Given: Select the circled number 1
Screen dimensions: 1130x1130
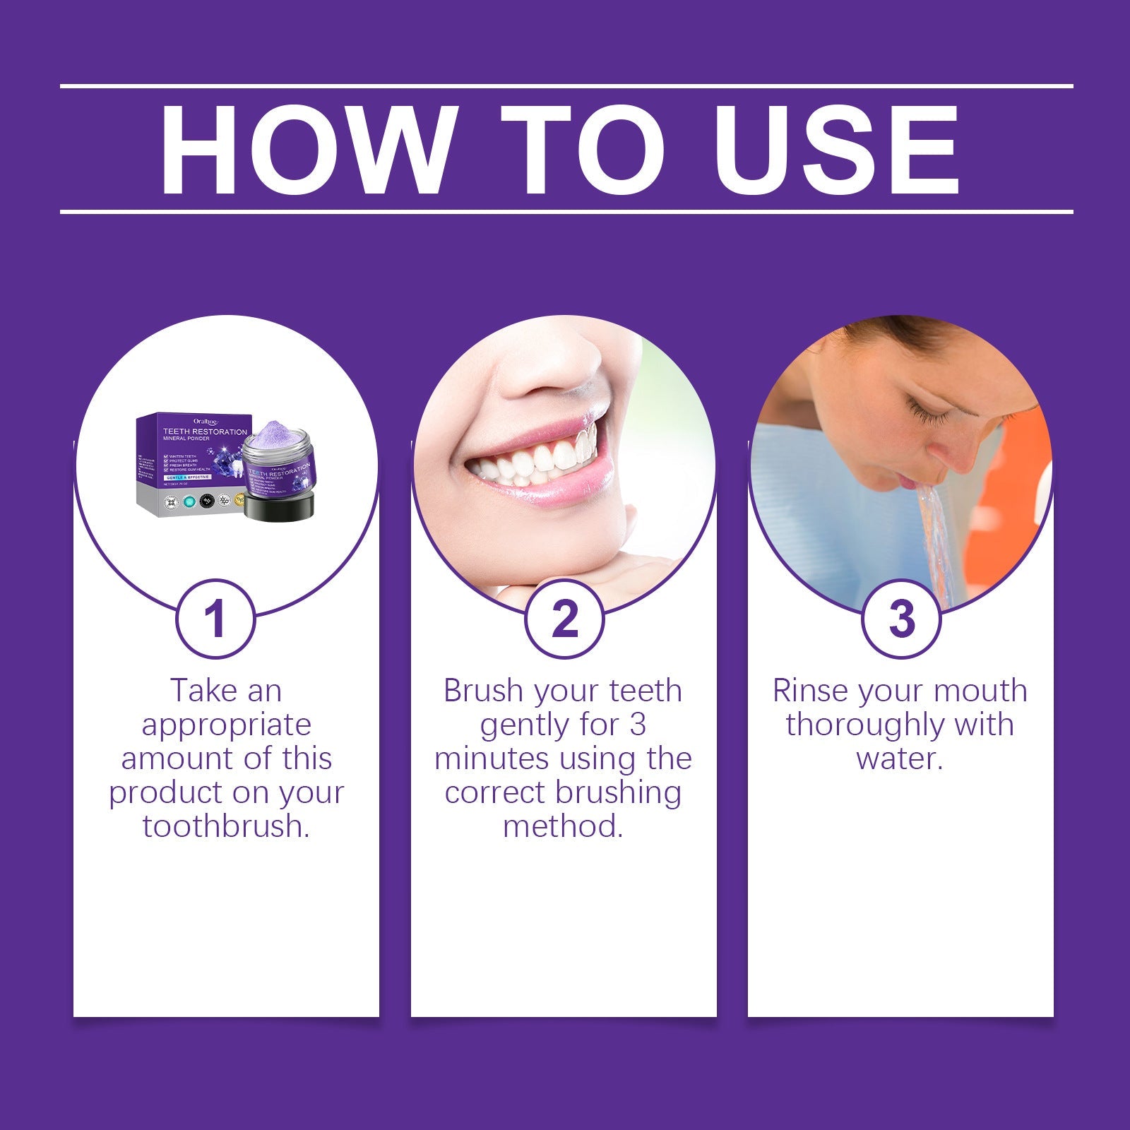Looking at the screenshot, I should tap(215, 619).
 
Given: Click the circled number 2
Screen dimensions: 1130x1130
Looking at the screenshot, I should tap(564, 619).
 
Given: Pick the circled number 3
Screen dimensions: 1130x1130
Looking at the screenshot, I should tap(901, 619).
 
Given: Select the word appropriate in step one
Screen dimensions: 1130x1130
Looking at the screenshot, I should tap(226, 725).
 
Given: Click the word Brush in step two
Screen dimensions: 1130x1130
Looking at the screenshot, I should tap(483, 691).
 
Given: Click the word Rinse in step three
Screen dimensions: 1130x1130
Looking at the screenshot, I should tap(809, 691).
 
